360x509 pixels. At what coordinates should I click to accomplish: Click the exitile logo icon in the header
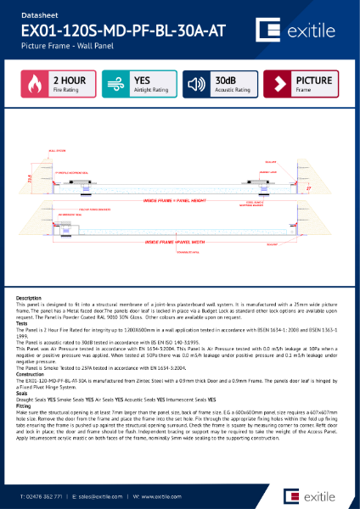[x=273, y=32]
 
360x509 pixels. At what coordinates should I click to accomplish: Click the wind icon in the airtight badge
[x=115, y=85]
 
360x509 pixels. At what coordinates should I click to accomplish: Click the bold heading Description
[x=30, y=298]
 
